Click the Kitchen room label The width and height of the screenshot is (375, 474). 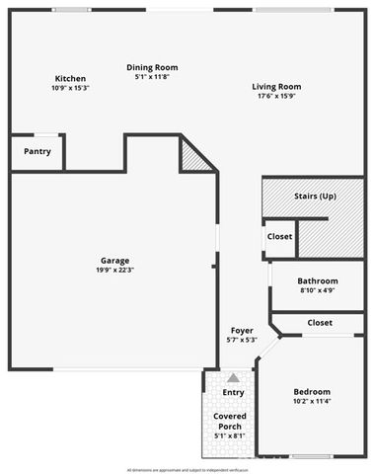[x=70, y=78]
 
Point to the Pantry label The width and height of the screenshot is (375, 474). [x=37, y=151]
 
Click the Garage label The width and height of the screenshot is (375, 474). [x=115, y=261]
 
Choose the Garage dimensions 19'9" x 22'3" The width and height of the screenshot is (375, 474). [x=115, y=271]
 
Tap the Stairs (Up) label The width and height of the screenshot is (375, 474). [x=316, y=197]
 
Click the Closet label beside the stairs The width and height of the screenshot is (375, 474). [x=279, y=237]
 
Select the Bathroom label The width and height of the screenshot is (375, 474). [x=318, y=280]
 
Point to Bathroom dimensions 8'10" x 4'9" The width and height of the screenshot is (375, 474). [x=318, y=290]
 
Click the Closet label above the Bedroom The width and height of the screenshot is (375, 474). [x=320, y=323]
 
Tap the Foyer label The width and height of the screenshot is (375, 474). [x=242, y=330]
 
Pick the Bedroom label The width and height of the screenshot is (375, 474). [x=313, y=392]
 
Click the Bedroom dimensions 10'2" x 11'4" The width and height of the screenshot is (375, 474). [x=313, y=402]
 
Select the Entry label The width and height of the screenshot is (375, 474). [x=233, y=393]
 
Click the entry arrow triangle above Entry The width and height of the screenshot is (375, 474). [x=233, y=378]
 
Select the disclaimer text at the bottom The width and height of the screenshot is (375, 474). [x=187, y=468]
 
